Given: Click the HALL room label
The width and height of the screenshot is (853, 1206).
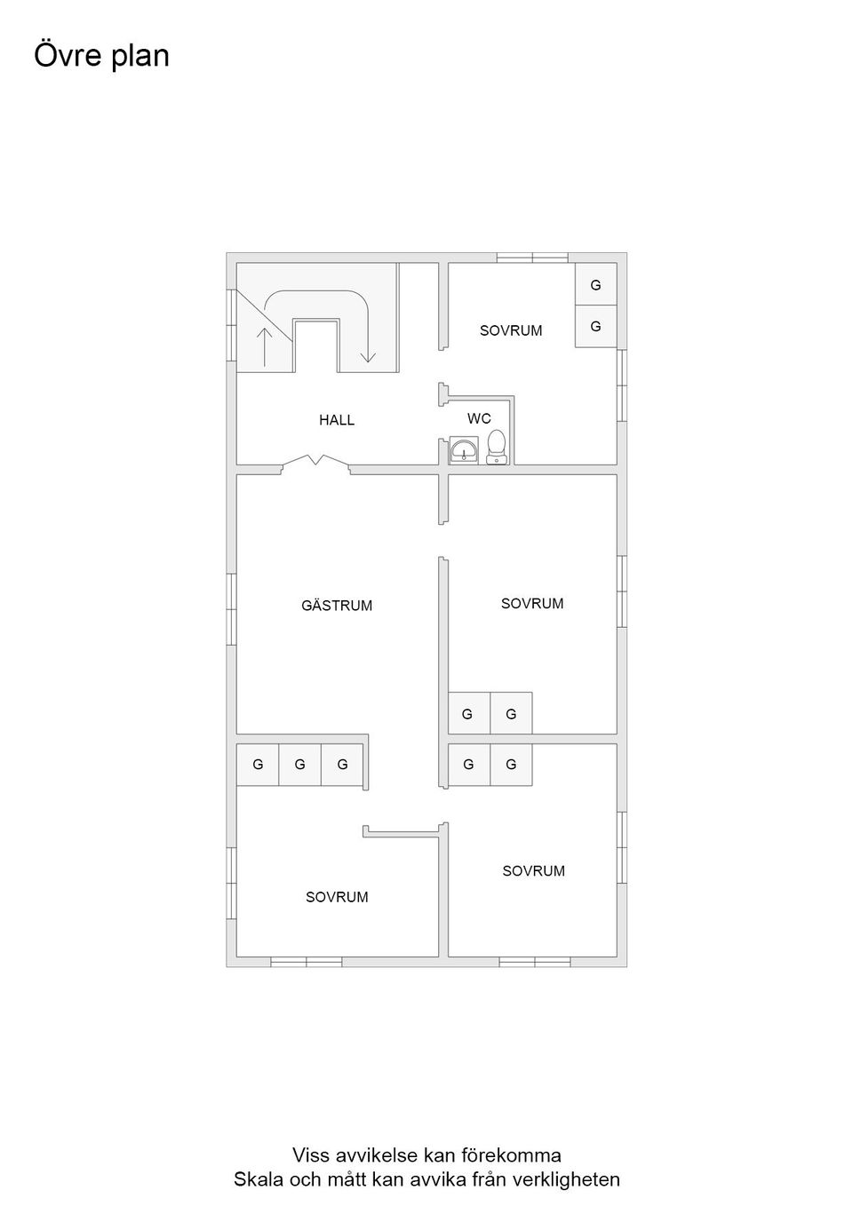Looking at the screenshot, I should (337, 420).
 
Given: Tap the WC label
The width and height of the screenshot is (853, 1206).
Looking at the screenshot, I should (479, 418).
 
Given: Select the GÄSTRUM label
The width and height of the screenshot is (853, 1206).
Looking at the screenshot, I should (337, 606).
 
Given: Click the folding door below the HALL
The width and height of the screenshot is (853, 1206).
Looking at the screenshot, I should (315, 462).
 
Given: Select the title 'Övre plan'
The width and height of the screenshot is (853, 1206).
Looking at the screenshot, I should (101, 55).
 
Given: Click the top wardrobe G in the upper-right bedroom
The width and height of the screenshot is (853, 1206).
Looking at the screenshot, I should (595, 285).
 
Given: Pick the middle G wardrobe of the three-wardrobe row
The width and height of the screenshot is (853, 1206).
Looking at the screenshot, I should (300, 764).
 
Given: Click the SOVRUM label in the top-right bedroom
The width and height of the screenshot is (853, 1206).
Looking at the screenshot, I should (511, 330).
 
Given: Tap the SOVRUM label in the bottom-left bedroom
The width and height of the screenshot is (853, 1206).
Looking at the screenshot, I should (337, 897).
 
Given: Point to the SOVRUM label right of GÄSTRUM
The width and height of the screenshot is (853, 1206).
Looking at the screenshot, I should (532, 603).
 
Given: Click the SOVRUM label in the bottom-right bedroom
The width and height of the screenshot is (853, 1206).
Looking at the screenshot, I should (533, 870).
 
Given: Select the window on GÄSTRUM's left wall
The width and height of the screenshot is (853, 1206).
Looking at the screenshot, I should (231, 609).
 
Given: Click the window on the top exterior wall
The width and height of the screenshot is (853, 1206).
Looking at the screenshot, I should (532, 258).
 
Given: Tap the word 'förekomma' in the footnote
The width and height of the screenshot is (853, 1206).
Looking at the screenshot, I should (519, 1155).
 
